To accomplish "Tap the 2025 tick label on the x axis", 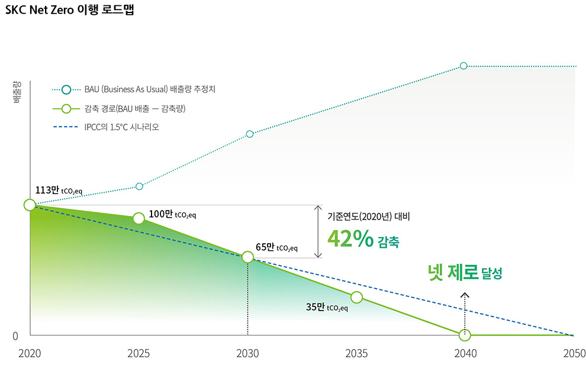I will coord(139,354).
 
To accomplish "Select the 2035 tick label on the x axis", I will coord(356,354).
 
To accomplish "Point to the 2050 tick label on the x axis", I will coord(574,354).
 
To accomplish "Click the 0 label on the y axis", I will coord(15,336).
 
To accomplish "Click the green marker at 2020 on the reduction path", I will coord(30,205).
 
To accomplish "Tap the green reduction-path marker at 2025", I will coord(139,218).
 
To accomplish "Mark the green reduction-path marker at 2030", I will coord(247,257).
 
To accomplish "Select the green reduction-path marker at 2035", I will coord(356,297).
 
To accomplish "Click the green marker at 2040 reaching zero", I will coord(465,335).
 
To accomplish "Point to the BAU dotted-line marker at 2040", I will coord(463,66).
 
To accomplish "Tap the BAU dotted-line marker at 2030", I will coord(249,134).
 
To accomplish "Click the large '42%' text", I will coord(350,239).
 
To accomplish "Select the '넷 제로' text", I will coord(453,273).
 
